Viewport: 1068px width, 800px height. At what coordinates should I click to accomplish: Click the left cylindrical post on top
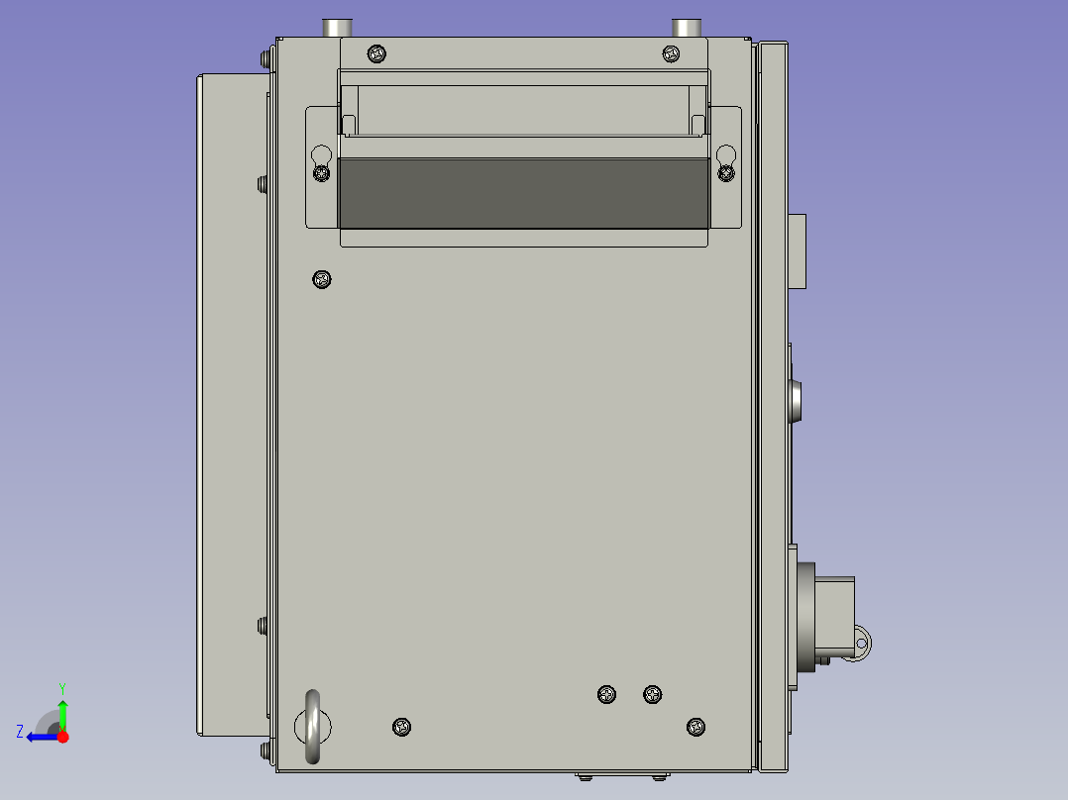[340, 28]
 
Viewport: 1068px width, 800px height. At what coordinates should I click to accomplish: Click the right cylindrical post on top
[686, 28]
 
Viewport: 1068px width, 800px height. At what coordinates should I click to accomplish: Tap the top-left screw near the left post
[375, 53]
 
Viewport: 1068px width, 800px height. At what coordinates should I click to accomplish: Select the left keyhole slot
[321, 156]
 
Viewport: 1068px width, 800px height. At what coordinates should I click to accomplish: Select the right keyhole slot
[726, 155]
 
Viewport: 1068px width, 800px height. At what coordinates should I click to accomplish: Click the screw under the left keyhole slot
[321, 173]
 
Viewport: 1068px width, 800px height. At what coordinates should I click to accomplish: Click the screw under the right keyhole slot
[726, 173]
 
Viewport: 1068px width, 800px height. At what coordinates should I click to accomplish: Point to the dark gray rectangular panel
[524, 193]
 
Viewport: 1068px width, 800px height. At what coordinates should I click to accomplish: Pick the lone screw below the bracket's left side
[321, 279]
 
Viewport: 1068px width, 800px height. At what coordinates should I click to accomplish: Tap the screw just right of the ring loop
[401, 727]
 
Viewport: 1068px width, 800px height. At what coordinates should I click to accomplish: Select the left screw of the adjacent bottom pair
[607, 694]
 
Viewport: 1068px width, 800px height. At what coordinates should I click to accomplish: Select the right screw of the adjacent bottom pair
[652, 694]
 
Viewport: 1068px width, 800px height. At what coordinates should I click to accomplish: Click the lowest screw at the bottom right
[696, 727]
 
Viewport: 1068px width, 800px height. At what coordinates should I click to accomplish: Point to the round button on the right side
[796, 400]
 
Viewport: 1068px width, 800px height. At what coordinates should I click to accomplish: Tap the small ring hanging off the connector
[861, 644]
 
